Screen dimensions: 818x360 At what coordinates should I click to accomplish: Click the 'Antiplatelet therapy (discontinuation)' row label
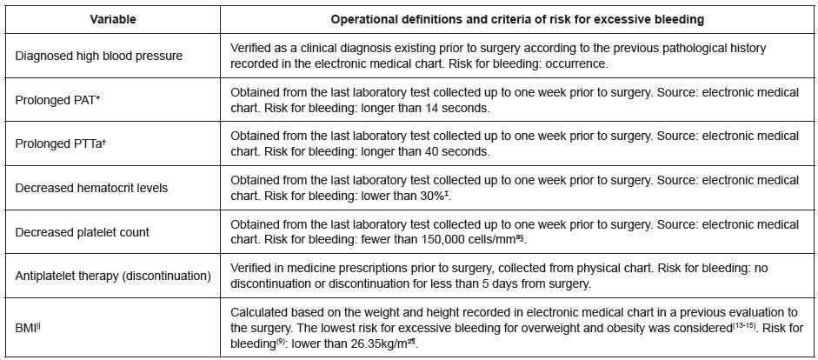coord(113,276)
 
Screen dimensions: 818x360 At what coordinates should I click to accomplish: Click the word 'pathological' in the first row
coord(685,48)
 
